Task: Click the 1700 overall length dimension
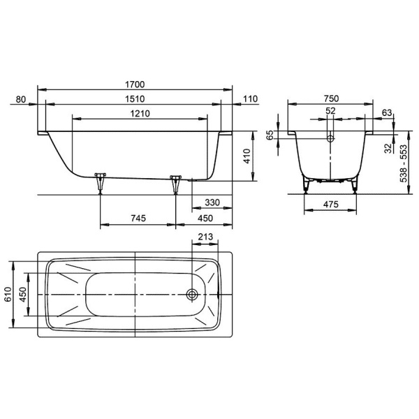pyautogui.click(x=135, y=84)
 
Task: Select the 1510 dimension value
pyautogui.click(x=135, y=99)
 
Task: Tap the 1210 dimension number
pyautogui.click(x=140, y=114)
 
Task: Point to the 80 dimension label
pyautogui.click(x=21, y=99)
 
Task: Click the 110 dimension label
pyautogui.click(x=251, y=99)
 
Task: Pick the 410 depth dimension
pyautogui.click(x=247, y=156)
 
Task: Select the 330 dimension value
pyautogui.click(x=212, y=203)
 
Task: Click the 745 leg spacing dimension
pyautogui.click(x=138, y=218)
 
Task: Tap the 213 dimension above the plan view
pyautogui.click(x=205, y=237)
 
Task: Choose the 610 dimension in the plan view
pyautogui.click(x=8, y=294)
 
